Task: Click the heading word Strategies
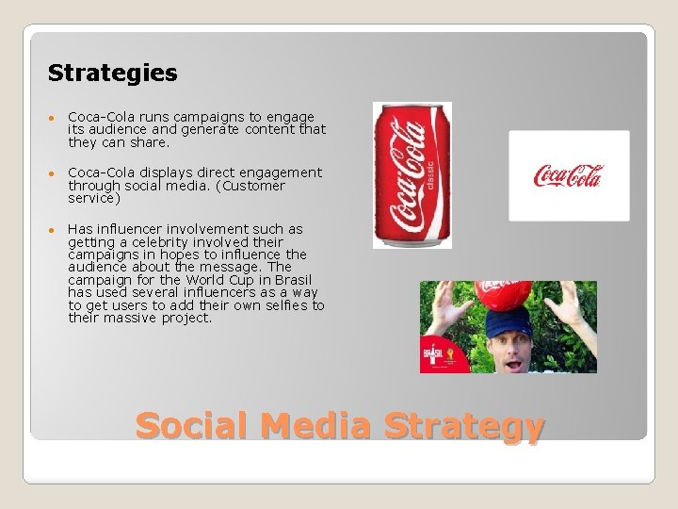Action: (x=112, y=73)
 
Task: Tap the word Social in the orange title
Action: (x=193, y=426)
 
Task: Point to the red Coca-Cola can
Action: (x=411, y=174)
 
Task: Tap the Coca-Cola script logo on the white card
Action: (x=568, y=175)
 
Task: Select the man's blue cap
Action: (x=508, y=324)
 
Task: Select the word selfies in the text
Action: (x=283, y=305)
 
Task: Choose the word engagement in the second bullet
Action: (x=280, y=172)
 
